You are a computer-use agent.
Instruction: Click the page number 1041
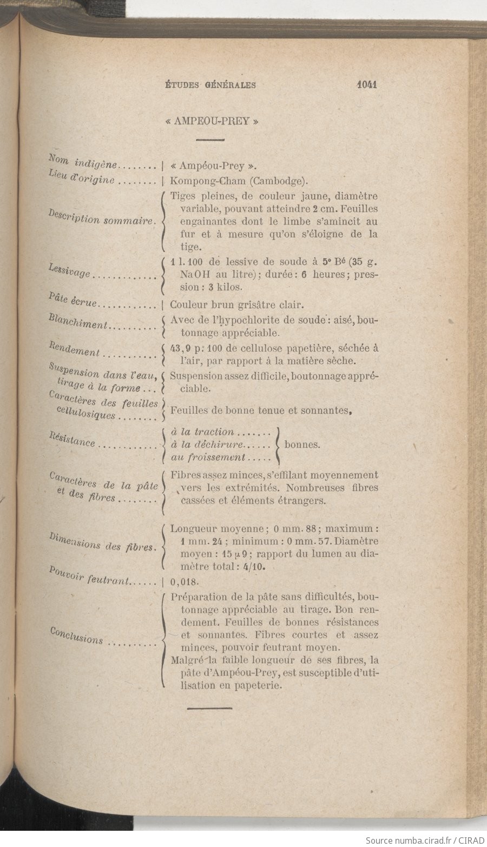tap(366, 84)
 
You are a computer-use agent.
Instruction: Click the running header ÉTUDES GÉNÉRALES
tap(210, 85)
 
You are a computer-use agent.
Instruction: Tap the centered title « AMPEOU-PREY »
tap(211, 121)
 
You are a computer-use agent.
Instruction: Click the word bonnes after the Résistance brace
tap(302, 446)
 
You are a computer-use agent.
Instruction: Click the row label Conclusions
tap(77, 636)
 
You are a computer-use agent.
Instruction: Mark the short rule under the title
tap(210, 140)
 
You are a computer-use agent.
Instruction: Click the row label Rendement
tap(75, 349)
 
